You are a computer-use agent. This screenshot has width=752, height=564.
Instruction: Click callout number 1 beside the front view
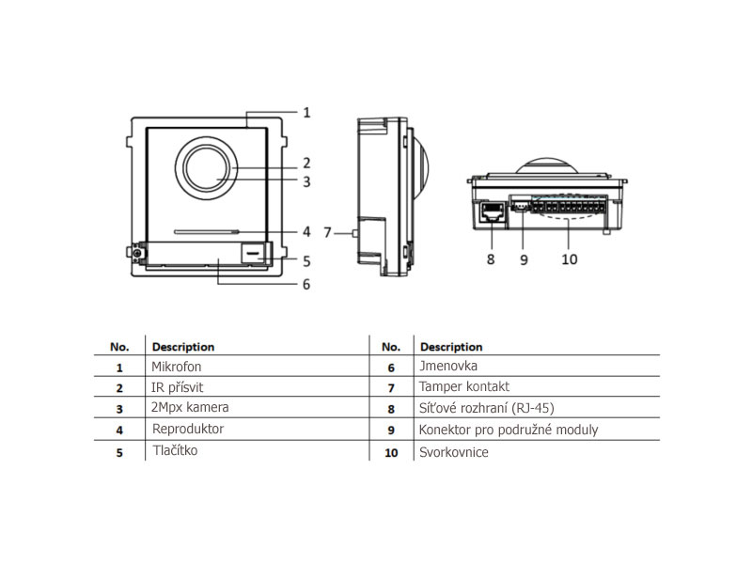(x=305, y=112)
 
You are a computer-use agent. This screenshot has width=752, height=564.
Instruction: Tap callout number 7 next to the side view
(x=327, y=231)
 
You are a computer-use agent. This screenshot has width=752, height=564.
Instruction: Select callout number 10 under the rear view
(x=570, y=258)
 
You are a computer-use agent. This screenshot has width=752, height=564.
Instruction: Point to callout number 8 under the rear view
(x=490, y=258)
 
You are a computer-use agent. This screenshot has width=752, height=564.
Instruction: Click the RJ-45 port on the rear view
(x=490, y=213)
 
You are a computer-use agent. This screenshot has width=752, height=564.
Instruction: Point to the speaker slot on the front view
(x=205, y=229)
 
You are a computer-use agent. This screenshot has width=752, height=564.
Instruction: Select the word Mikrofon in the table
(x=177, y=367)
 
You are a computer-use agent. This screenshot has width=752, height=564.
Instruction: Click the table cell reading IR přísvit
(x=177, y=387)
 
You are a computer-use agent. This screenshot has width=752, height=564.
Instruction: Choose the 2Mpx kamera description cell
(x=190, y=408)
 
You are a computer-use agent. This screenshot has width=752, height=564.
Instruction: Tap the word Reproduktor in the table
(x=188, y=430)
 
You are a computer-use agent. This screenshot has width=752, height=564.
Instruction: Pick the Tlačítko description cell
(x=176, y=450)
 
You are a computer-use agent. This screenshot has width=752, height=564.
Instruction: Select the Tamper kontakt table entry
(x=464, y=387)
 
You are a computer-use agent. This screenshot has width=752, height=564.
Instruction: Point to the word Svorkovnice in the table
(x=454, y=452)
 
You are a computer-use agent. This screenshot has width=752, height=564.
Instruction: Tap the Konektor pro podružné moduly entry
(x=509, y=431)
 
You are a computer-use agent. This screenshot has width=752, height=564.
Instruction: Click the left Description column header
(x=183, y=347)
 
